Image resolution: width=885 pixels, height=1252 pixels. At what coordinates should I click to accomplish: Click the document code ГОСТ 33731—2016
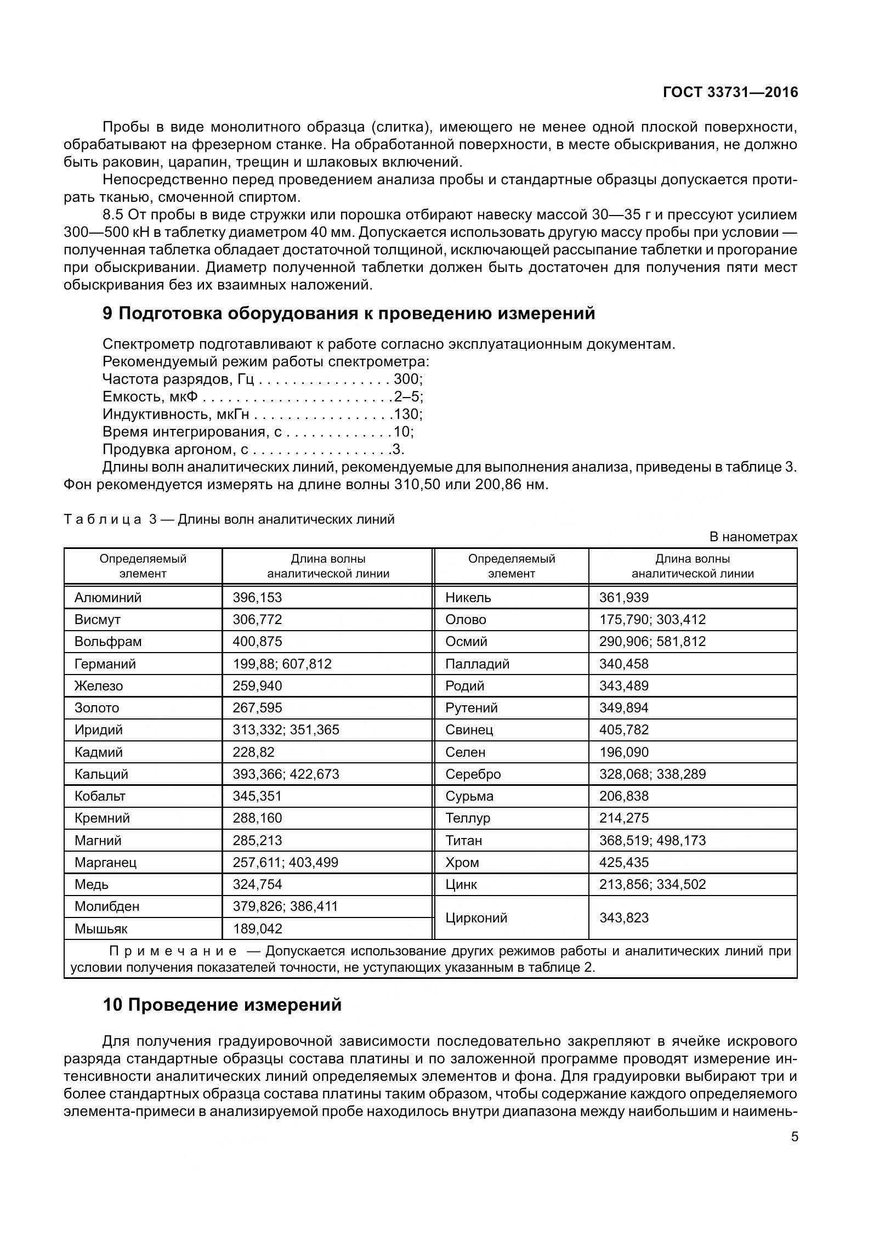730,92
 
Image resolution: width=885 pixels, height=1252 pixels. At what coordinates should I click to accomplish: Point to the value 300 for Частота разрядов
406,378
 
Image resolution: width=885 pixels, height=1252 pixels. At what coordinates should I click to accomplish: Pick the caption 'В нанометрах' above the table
753,536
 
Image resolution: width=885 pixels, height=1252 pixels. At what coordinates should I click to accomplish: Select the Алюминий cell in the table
108,597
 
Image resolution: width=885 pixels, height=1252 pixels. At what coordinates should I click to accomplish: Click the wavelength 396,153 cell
257,597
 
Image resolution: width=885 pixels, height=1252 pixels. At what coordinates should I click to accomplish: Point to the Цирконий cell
476,917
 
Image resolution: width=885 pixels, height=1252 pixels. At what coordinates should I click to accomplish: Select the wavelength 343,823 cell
623,917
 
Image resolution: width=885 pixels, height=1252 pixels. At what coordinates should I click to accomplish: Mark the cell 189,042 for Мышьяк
257,928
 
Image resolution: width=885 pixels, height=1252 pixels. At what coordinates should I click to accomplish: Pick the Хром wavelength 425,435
623,862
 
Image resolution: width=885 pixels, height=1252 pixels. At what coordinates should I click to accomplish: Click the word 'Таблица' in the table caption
103,519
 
